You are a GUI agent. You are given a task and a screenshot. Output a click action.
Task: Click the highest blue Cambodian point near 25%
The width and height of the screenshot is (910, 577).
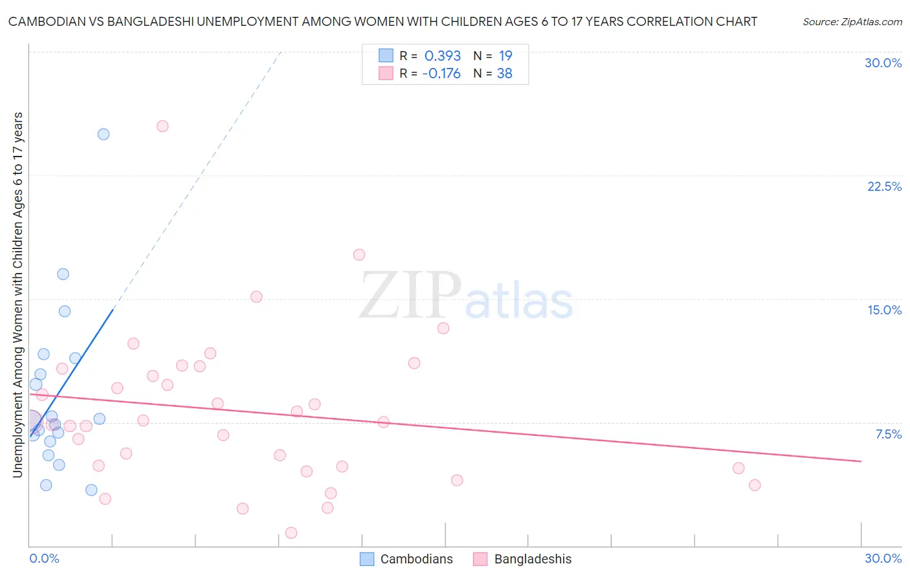(x=104, y=135)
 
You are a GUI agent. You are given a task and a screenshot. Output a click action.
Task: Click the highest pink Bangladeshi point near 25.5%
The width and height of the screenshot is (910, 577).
(x=162, y=126)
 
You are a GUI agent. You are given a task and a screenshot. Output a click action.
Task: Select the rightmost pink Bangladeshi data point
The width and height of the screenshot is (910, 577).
(x=754, y=485)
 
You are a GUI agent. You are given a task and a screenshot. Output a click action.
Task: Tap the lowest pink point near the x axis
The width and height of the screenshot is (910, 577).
(x=291, y=533)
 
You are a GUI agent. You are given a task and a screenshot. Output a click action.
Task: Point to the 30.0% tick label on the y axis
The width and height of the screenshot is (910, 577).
(x=883, y=63)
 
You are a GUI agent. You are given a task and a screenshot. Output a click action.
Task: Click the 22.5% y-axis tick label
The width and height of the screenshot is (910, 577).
(x=884, y=186)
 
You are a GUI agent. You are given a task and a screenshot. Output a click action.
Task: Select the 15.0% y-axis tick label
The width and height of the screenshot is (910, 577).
(x=884, y=310)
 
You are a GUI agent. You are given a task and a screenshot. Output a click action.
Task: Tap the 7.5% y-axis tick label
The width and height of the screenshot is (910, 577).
(x=888, y=434)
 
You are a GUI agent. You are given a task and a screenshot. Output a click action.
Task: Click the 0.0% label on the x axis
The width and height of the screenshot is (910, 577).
(x=44, y=558)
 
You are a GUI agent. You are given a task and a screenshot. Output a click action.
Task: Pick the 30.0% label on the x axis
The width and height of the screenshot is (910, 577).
(x=883, y=558)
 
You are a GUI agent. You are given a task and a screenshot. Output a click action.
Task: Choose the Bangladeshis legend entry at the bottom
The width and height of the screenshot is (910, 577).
(x=523, y=559)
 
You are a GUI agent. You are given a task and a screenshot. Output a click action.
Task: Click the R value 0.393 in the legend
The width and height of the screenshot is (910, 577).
(x=443, y=56)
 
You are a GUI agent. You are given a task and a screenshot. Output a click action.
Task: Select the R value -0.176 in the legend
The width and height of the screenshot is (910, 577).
(x=441, y=74)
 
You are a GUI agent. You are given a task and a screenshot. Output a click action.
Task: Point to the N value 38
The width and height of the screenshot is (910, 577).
(x=505, y=74)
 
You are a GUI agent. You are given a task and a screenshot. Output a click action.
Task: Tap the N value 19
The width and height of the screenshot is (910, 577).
(x=505, y=56)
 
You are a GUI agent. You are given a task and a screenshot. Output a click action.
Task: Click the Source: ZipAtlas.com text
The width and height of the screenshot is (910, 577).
(x=852, y=21)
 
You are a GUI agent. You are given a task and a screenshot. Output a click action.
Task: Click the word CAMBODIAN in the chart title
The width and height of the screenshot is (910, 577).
(x=46, y=21)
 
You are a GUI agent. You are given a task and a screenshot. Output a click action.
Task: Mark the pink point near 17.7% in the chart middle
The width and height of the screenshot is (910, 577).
(x=359, y=255)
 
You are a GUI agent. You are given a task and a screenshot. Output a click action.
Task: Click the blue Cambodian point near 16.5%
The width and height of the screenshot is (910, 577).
(x=63, y=274)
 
